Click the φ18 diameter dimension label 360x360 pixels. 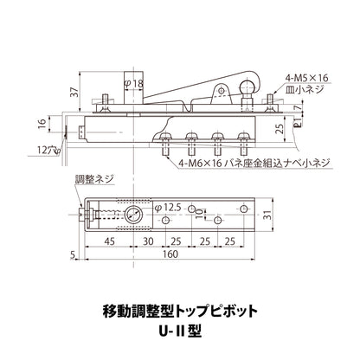(133, 83)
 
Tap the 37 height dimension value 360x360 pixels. (74, 93)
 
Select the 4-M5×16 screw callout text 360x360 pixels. (307, 78)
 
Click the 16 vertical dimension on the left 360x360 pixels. (42, 124)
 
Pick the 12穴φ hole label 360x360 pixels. (49, 150)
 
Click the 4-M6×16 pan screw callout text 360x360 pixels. (254, 164)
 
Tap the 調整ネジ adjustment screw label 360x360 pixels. (94, 179)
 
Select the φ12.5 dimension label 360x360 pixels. (168, 208)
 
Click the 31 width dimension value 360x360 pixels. (268, 215)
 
